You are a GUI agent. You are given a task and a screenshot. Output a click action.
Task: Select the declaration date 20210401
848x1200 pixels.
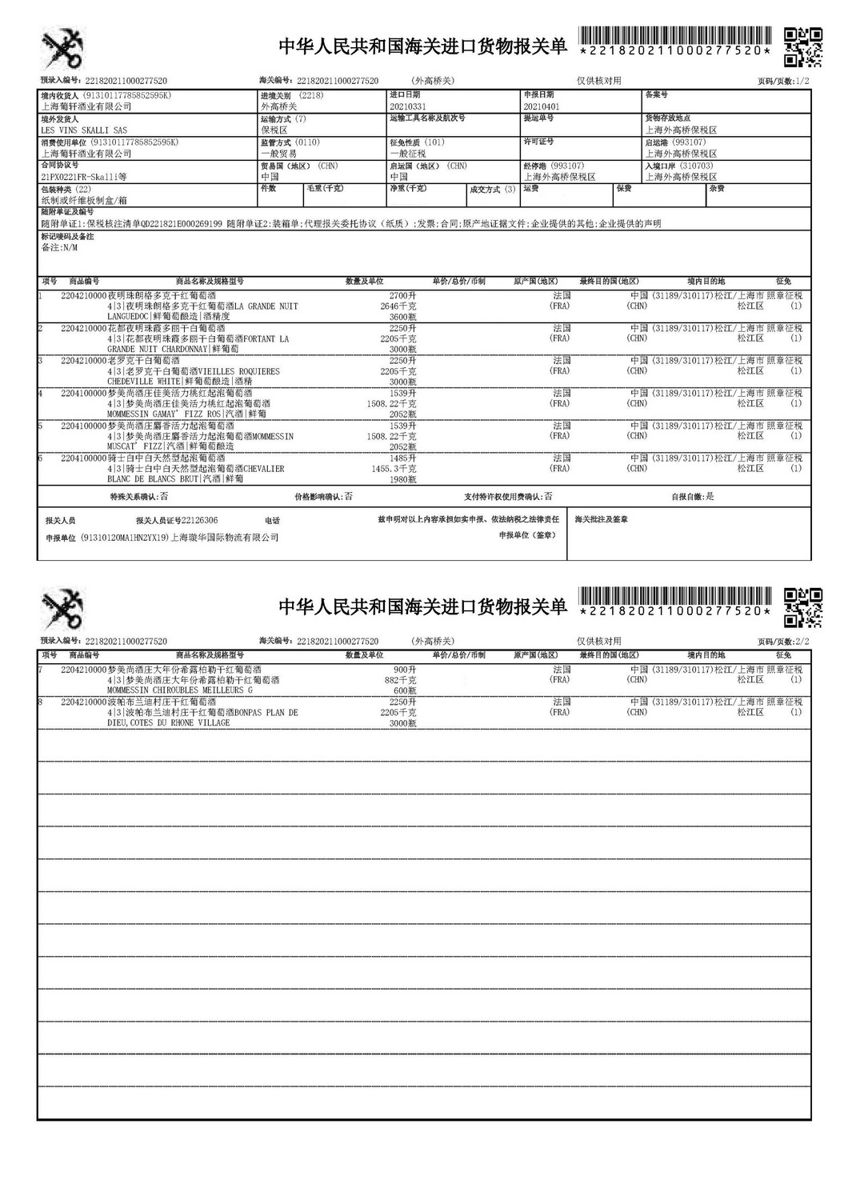[542, 106]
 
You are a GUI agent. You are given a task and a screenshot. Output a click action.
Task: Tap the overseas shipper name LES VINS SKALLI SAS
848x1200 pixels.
[83, 130]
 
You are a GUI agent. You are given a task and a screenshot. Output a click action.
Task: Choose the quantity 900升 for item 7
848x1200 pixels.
[405, 669]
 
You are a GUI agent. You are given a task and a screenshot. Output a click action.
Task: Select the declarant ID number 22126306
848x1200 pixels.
[199, 520]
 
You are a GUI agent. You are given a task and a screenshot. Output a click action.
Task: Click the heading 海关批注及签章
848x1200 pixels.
[601, 519]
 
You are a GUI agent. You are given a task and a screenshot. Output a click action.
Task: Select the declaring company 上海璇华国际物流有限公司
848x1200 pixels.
[226, 538]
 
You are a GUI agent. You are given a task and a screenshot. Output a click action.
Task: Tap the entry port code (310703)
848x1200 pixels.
[696, 166]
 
